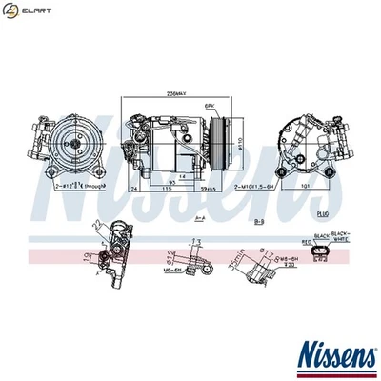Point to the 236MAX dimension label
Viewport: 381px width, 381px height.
click(174, 94)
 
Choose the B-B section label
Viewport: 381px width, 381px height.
click(259, 221)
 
